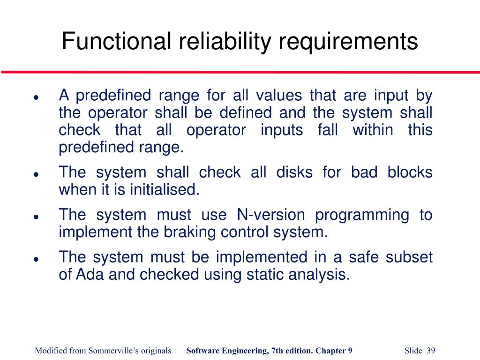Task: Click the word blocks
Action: point(410,172)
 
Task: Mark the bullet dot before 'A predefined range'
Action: point(36,98)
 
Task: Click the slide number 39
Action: point(431,351)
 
